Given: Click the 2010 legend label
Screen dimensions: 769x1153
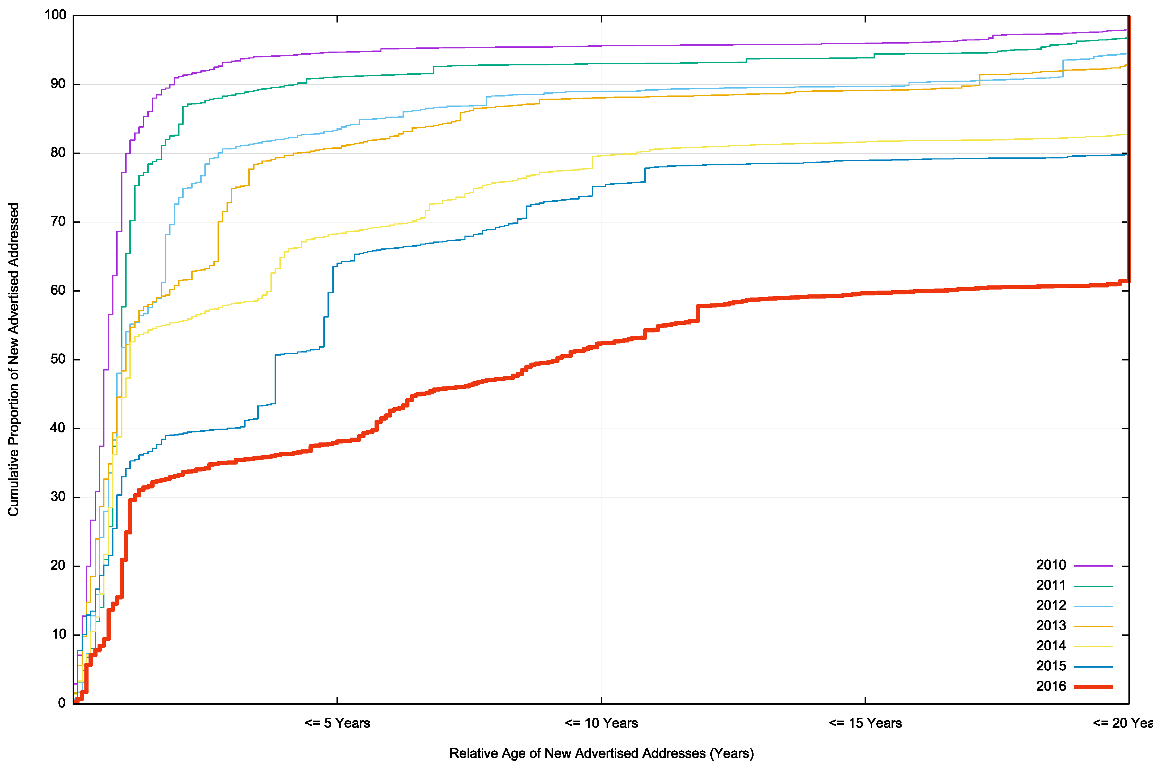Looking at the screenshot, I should pyautogui.click(x=1051, y=565).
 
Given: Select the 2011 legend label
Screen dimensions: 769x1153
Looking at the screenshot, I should pyautogui.click(x=1051, y=585).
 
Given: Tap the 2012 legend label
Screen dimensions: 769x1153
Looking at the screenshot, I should pyautogui.click(x=1051, y=605).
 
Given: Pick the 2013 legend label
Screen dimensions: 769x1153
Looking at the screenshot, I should pyautogui.click(x=1051, y=625).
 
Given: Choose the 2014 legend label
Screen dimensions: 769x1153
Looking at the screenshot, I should pyautogui.click(x=1051, y=646).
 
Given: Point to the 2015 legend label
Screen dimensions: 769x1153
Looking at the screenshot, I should pyautogui.click(x=1051, y=666).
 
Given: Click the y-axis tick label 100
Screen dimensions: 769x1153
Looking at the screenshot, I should pyautogui.click(x=55, y=15).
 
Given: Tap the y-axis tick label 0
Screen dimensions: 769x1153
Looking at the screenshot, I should pyautogui.click(x=62, y=703).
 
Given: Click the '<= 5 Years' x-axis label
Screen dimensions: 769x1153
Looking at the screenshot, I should pyautogui.click(x=337, y=723).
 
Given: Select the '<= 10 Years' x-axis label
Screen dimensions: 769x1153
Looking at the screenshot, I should pyautogui.click(x=601, y=723).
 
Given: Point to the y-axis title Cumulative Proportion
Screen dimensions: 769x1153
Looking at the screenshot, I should pyautogui.click(x=14, y=359).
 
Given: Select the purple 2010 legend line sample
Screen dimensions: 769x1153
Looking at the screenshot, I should pyautogui.click(x=1093, y=566).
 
